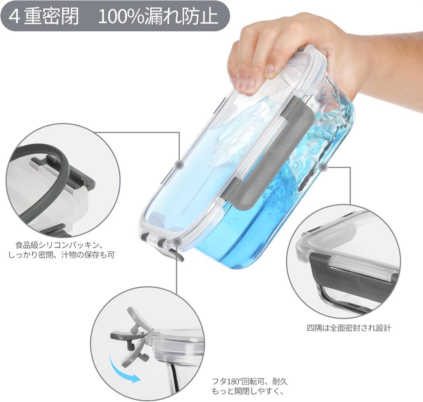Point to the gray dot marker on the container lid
(x=179, y=164)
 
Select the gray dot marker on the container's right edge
(x=323, y=167)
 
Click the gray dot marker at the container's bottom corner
(x=177, y=241)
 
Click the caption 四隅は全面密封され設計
(x=349, y=328)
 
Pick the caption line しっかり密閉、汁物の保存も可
(x=62, y=255)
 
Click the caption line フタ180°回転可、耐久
(x=250, y=381)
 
